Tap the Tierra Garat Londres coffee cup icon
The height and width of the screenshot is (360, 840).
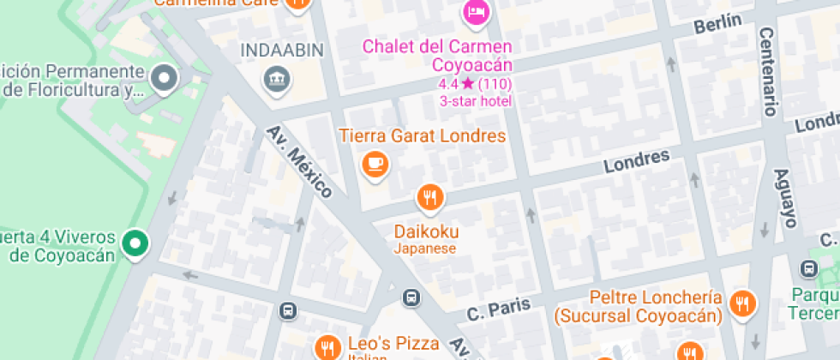(x=375, y=163)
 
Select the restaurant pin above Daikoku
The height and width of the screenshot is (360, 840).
(x=430, y=198)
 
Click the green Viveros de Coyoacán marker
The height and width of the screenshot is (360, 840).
(x=134, y=243)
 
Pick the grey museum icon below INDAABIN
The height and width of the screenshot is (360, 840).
(x=278, y=80)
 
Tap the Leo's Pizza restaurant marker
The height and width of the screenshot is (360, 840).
(x=327, y=346)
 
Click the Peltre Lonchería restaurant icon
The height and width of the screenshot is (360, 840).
(x=741, y=302)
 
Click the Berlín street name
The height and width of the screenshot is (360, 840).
(x=717, y=24)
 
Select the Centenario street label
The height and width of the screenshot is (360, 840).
(x=768, y=70)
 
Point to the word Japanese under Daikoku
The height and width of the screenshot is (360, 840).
(x=425, y=249)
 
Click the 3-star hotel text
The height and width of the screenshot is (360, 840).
(x=476, y=100)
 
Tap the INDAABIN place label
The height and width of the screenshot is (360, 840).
(x=281, y=50)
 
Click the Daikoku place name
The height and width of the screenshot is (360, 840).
(x=426, y=231)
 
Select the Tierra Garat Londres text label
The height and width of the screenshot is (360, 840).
(x=422, y=135)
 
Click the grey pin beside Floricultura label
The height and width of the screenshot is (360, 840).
(x=163, y=79)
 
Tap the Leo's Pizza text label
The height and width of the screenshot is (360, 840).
(x=393, y=343)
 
